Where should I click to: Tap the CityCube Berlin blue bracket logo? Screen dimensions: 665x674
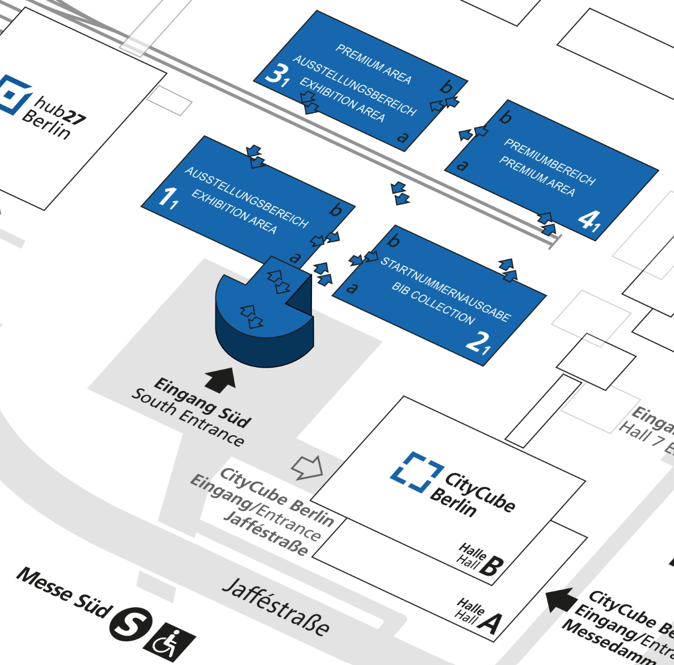click(417, 471)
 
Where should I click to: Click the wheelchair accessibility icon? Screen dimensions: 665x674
click(169, 642)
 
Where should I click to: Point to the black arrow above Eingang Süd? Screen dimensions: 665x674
click(220, 379)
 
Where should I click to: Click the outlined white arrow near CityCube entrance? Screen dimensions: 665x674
click(307, 467)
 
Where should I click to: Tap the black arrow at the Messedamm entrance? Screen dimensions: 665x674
click(560, 600)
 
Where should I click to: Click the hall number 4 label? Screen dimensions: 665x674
click(589, 220)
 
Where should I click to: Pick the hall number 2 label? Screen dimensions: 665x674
click(478, 342)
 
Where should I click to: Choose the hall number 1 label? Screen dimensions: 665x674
click(168, 197)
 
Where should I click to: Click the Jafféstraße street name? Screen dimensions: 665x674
click(275, 607)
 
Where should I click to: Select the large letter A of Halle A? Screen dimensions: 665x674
click(490, 622)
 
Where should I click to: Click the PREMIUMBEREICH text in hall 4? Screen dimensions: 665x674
click(550, 162)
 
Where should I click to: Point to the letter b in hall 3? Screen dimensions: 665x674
click(446, 87)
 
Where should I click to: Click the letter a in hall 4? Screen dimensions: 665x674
click(462, 165)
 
